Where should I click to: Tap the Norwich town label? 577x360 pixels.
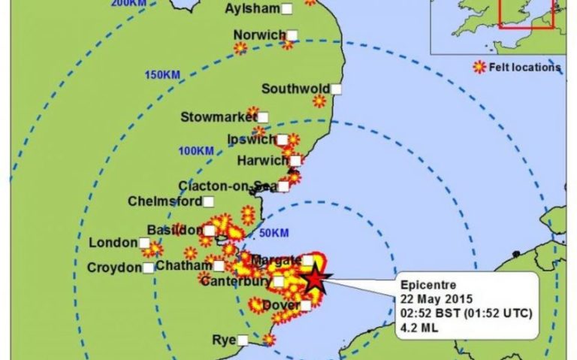[258, 35]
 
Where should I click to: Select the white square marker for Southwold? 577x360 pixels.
[337, 89]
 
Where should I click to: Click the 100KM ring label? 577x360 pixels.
[196, 151]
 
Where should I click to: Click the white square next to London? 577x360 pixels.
[144, 243]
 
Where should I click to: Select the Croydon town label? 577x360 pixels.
[114, 268]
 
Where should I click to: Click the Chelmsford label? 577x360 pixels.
[165, 201]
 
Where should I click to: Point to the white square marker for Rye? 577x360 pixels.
[243, 340]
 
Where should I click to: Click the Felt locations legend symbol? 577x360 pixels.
[478, 68]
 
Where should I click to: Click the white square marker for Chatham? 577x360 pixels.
[219, 265]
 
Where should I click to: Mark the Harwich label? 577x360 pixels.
[262, 161]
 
